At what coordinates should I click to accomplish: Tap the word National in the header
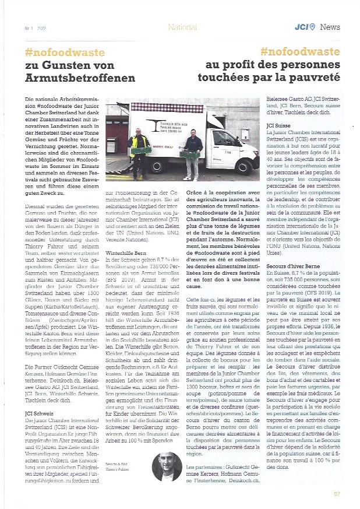[x=181, y=27]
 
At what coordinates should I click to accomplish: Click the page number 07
[x=337, y=494]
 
